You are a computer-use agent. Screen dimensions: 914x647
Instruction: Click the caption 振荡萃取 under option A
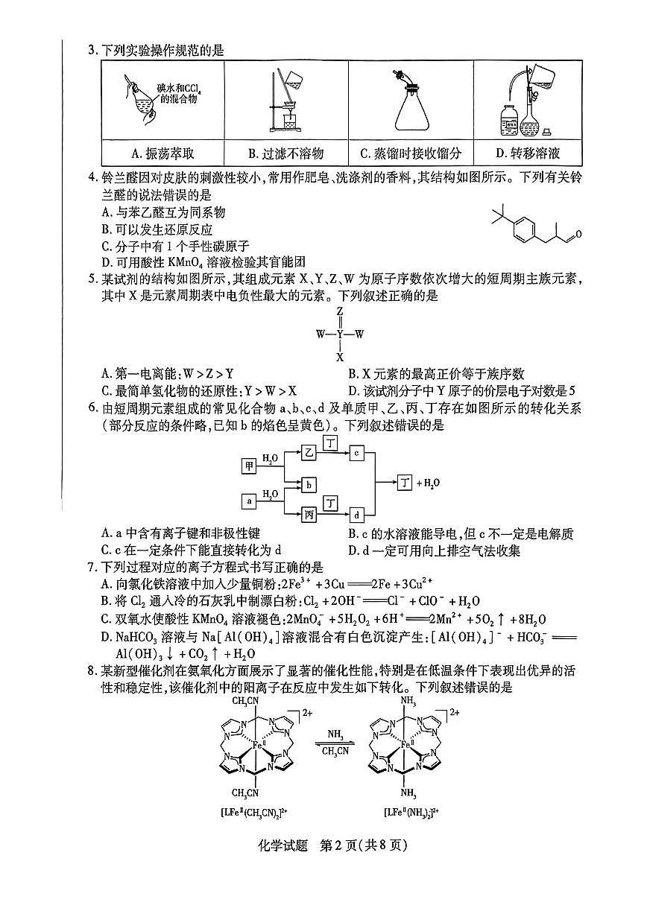tap(162, 153)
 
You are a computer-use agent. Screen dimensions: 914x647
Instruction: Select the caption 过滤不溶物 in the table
tap(285, 153)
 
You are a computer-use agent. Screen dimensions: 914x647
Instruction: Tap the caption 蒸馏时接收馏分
tap(410, 153)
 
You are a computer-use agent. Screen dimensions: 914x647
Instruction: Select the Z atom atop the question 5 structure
tap(339, 311)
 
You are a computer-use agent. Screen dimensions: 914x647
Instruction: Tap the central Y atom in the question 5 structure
tap(339, 334)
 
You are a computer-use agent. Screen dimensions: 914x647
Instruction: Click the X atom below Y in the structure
tap(339, 357)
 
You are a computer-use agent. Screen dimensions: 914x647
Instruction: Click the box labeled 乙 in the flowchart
tap(309, 452)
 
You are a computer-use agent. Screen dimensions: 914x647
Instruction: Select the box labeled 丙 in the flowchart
tap(309, 515)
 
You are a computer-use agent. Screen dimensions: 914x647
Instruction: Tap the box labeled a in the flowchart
tap(250, 501)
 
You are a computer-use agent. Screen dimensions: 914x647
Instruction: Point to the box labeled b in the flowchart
tap(309, 484)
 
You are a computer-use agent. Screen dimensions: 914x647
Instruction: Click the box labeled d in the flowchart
tap(357, 515)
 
